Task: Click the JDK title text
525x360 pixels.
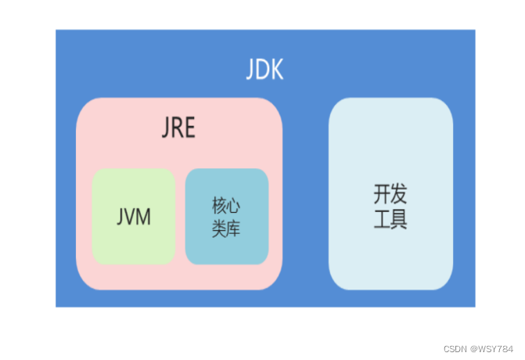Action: pos(264,70)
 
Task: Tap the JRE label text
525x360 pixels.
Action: pos(179,128)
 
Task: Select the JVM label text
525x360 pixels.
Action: pos(134,217)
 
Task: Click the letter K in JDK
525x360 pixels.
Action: pos(276,70)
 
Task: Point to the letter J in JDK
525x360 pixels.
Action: pos(250,70)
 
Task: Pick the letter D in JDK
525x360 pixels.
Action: pos(262,70)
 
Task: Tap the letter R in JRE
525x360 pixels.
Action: pos(178,128)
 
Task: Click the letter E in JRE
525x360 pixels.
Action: pos(190,128)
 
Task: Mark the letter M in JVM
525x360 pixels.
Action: pos(143,217)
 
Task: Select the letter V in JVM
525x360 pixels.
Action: pos(131,217)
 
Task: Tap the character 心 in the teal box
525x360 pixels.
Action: pos(233,207)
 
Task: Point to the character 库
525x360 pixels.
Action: pos(233,229)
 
